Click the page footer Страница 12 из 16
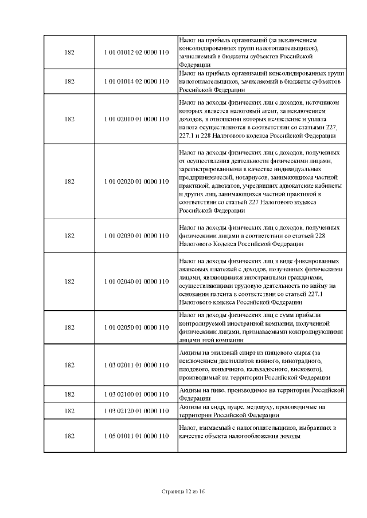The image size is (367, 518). pyautogui.click(x=183, y=491)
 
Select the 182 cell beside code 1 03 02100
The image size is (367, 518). pyautogui.click(x=69, y=394)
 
